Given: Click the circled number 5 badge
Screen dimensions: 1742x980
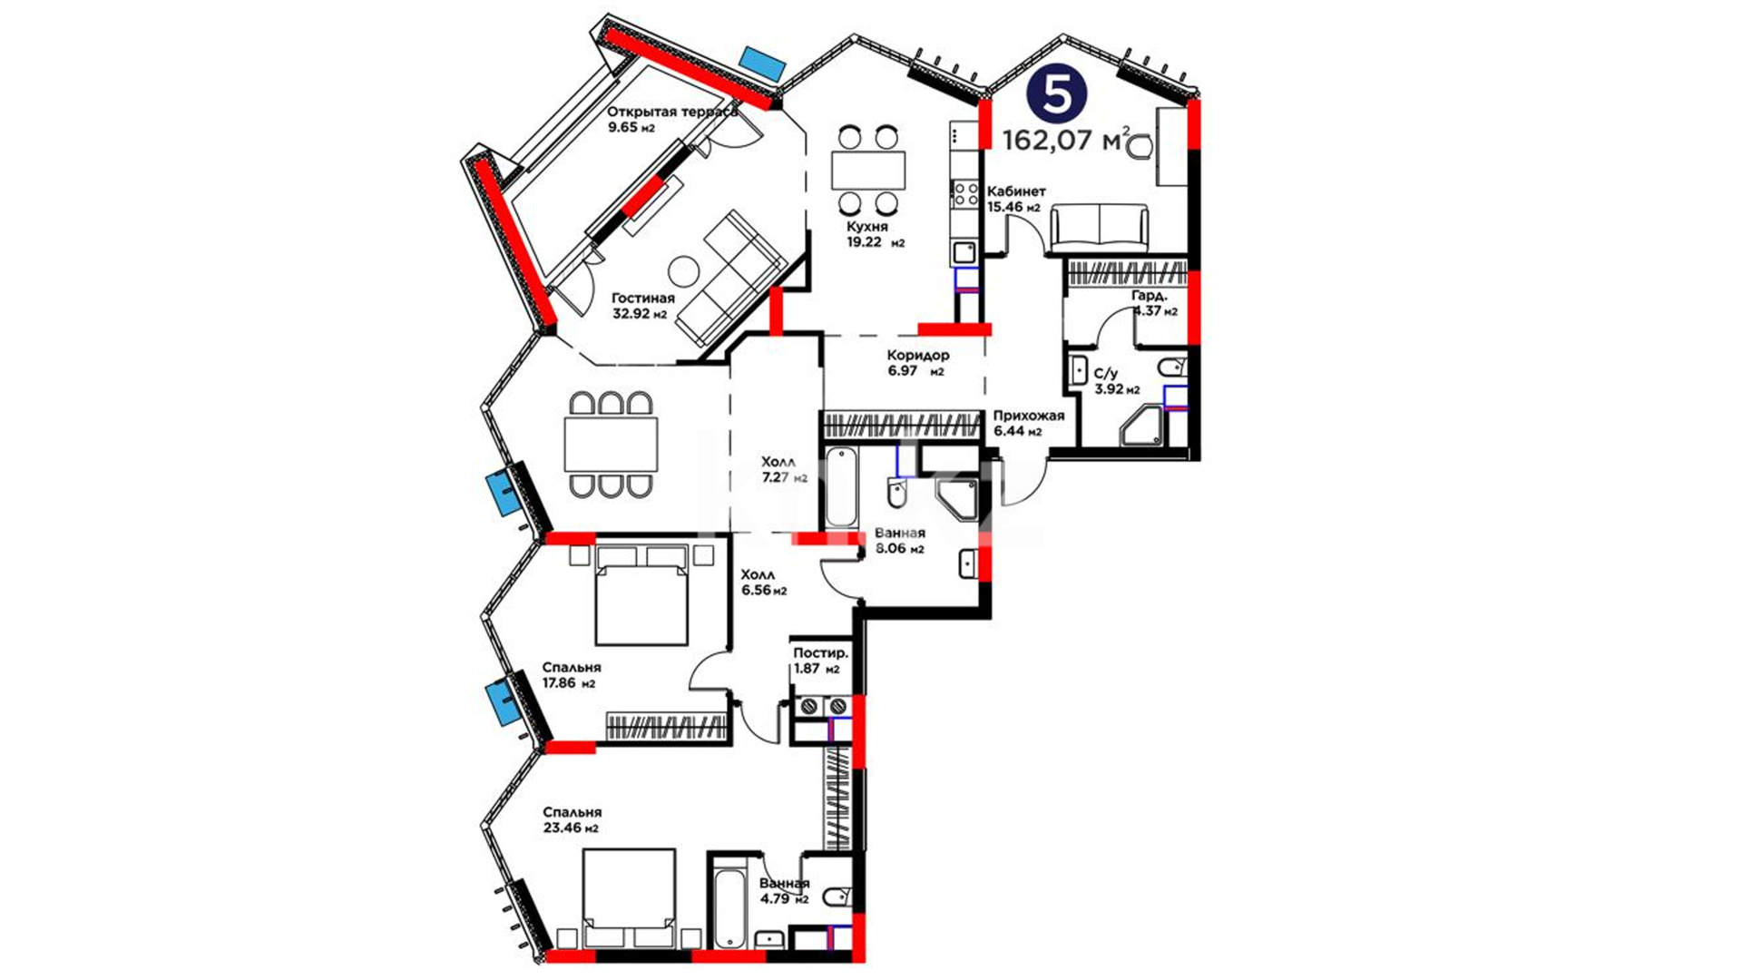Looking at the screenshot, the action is click(1057, 94).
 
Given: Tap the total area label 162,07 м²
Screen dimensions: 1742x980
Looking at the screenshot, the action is click(1066, 140).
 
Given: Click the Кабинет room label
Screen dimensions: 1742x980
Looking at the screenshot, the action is click(1016, 191).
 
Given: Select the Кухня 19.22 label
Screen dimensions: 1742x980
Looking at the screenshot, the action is click(875, 234).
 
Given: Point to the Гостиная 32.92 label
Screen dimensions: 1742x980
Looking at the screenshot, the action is click(642, 306).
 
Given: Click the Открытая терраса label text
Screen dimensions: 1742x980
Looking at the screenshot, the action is click(672, 112).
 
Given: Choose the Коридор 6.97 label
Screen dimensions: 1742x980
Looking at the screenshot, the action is click(917, 363).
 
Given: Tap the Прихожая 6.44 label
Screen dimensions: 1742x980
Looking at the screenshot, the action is click(1029, 423).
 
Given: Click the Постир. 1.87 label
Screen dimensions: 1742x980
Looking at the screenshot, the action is click(820, 661).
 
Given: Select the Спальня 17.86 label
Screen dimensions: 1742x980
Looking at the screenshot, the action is click(572, 675).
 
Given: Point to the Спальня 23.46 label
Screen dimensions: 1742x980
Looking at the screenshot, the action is click(572, 819).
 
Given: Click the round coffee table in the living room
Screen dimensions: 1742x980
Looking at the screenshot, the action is click(683, 271).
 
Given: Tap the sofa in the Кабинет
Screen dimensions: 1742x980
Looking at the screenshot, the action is click(1099, 228).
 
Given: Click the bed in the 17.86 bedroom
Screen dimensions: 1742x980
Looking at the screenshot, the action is click(641, 594).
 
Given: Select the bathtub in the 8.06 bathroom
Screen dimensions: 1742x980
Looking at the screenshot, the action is click(841, 487).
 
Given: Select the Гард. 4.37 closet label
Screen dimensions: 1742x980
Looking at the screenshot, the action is click(1154, 303).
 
